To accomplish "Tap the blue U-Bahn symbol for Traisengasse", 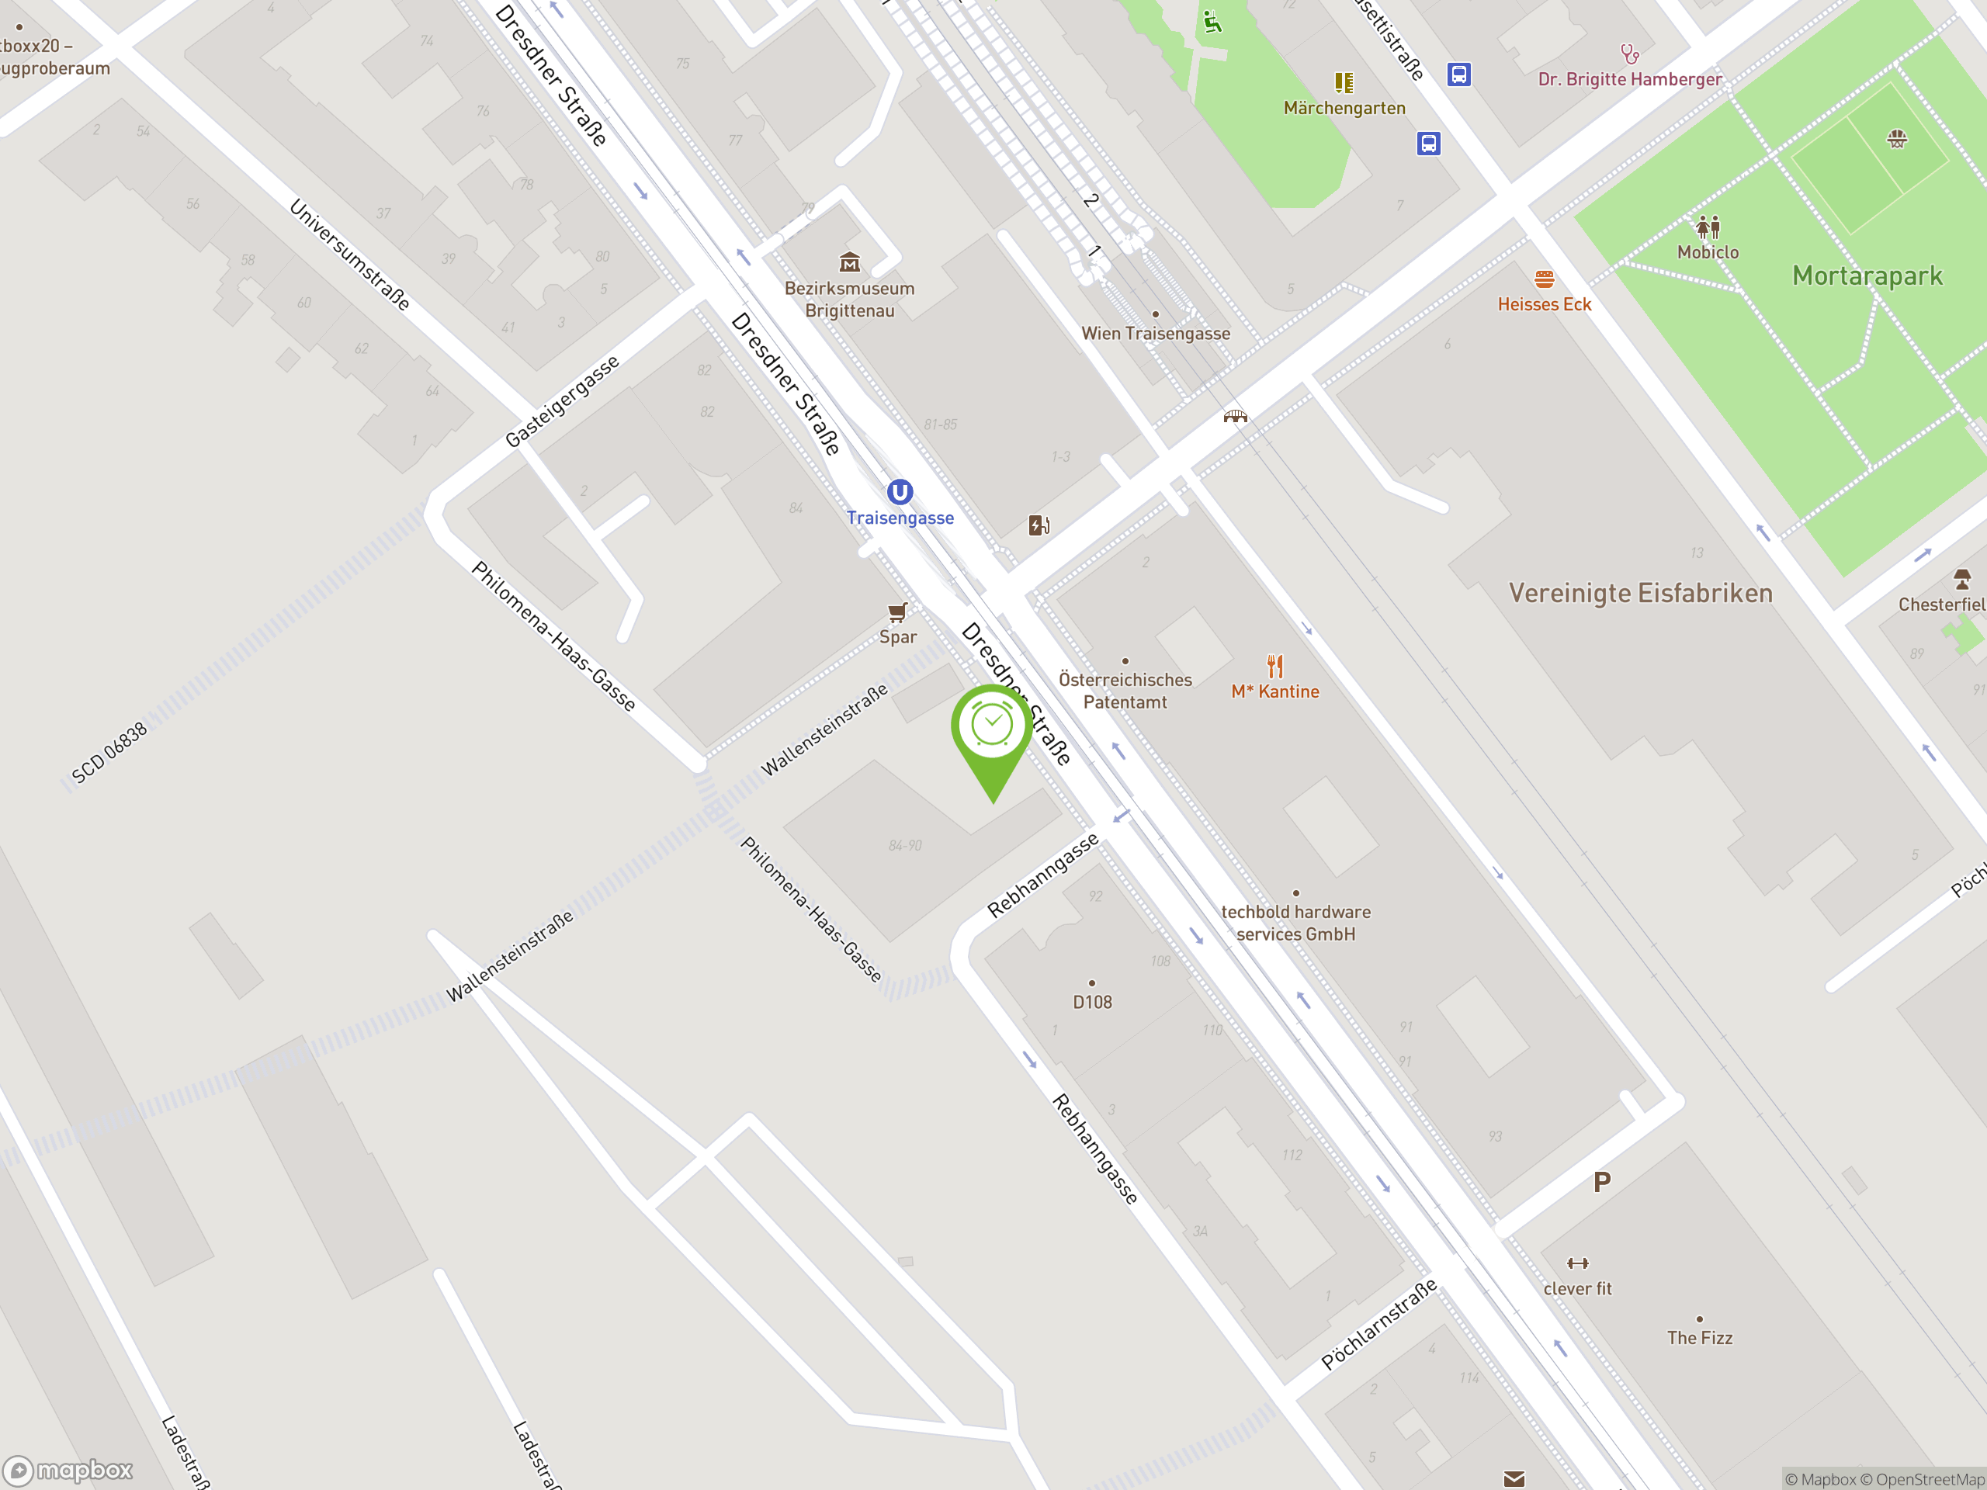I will (x=899, y=492).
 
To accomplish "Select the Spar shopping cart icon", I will (x=896, y=612).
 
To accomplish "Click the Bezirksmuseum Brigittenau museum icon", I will (x=849, y=262).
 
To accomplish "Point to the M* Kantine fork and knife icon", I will (x=1274, y=667).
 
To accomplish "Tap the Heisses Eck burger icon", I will (x=1544, y=279).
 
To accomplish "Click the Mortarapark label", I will (x=1867, y=275).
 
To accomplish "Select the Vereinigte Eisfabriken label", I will (x=1640, y=594).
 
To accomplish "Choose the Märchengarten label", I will (x=1344, y=109).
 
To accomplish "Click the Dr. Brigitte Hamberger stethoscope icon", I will (x=1628, y=54).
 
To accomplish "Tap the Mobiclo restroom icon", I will (x=1708, y=227).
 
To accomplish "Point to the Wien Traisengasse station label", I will (x=1155, y=333).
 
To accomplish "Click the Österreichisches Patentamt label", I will (x=1125, y=691).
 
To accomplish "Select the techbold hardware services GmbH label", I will (x=1295, y=923).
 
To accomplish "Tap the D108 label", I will (x=1092, y=1001).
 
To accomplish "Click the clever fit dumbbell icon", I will (x=1577, y=1263).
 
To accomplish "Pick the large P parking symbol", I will (x=1602, y=1183).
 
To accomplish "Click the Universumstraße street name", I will (x=349, y=255).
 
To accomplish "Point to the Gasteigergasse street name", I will (x=562, y=400).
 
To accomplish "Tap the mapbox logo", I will (x=68, y=1471).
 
